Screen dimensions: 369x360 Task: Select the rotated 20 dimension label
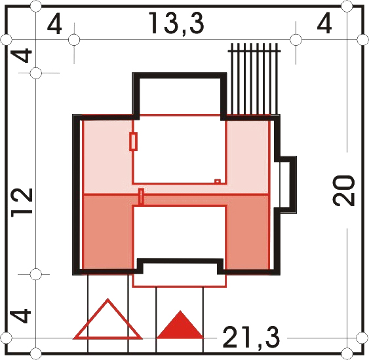click(343, 191)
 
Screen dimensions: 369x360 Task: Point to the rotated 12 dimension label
click(22, 202)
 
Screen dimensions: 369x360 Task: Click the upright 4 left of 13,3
click(54, 24)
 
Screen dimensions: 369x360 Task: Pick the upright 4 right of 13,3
click(324, 23)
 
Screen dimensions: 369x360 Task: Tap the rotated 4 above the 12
click(22, 55)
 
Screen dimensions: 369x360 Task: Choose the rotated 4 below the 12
click(21, 316)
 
